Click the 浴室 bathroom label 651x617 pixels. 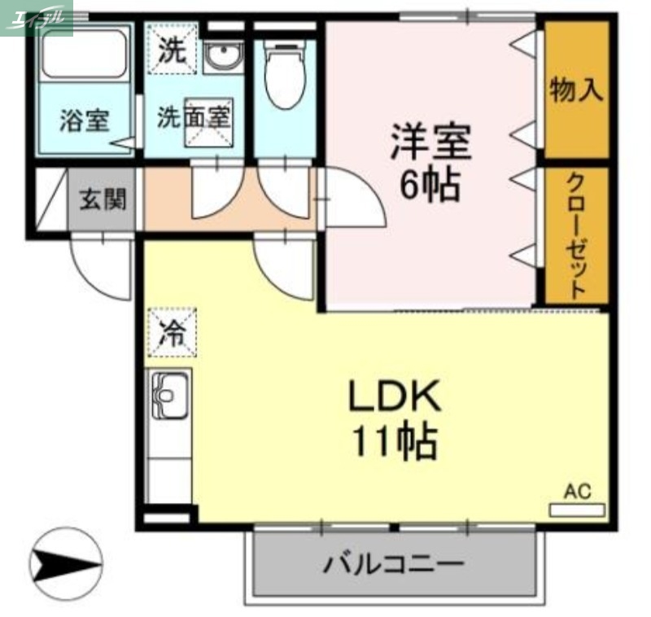(85, 120)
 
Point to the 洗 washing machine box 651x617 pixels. (171, 51)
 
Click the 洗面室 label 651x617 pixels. (194, 116)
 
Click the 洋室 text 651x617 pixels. (430, 143)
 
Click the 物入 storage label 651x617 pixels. (576, 90)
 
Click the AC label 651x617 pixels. (577, 491)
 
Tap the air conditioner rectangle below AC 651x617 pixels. (577, 510)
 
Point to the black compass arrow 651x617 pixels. (65, 562)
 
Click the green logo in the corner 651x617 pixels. (37, 18)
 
